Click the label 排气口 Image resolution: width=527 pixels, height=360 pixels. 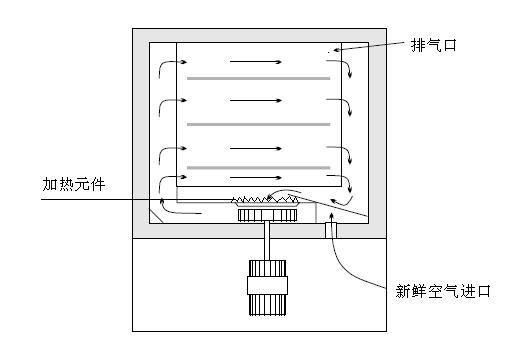[x=434, y=46]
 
